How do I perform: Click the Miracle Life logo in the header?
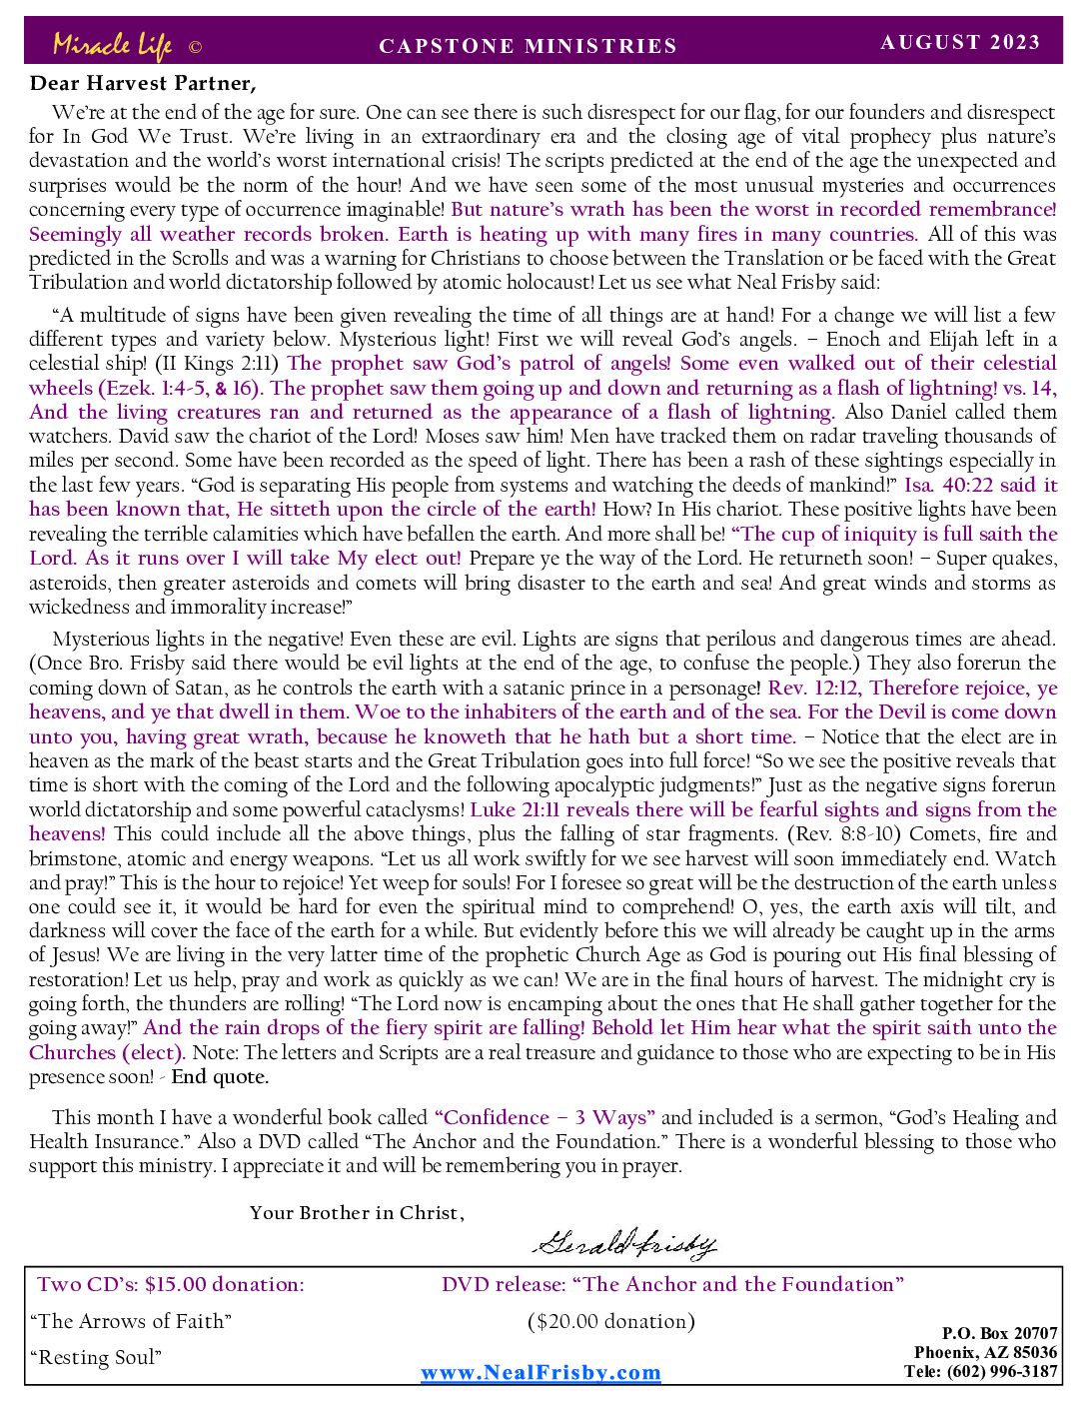113,46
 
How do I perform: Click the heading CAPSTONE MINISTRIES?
528,46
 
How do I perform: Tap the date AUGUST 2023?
960,42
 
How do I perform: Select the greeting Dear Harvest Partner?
143,83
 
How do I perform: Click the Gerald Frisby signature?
624,1243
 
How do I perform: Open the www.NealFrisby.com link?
541,1372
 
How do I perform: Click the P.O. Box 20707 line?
999,1333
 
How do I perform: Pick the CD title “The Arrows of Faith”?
131,1321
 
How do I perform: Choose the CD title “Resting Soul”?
96,1357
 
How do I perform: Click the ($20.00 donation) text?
611,1321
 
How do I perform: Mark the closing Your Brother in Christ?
357,1212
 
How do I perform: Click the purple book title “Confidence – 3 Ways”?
544,1117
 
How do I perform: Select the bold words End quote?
220,1076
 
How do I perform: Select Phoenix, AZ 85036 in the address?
985,1352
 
